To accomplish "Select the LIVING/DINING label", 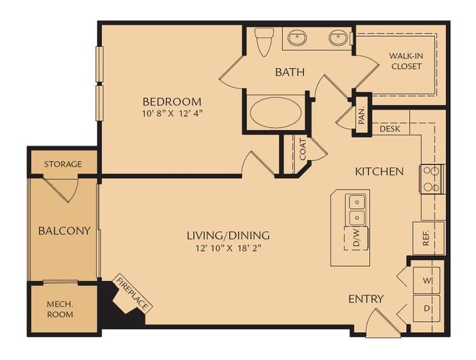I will [228, 235].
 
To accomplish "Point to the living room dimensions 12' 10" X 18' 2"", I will [228, 248].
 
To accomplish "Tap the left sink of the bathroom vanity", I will [297, 38].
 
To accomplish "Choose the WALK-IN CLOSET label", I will [405, 61].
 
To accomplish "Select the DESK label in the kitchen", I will [390, 129].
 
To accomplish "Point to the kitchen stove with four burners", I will [431, 179].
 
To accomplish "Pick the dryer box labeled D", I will [428, 308].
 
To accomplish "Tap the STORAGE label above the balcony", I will [63, 164].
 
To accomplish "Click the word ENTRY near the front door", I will [366, 299].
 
